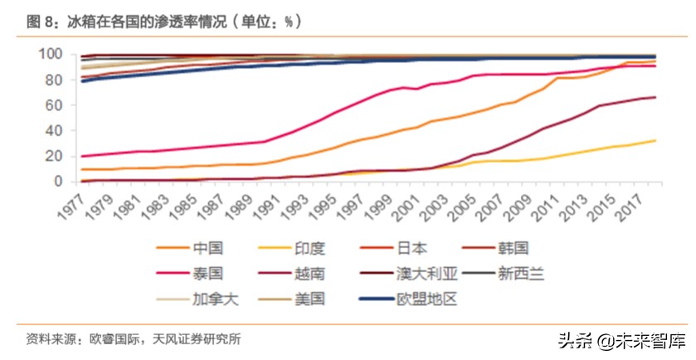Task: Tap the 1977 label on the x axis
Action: [73, 202]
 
